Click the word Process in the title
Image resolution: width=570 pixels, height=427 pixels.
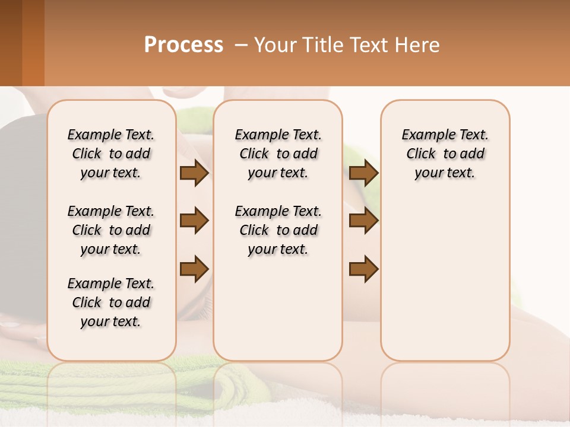pos(183,45)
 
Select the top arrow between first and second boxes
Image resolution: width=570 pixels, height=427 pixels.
pos(194,173)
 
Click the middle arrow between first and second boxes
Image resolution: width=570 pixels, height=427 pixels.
pos(194,221)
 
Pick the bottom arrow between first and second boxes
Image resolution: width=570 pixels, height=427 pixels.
pos(194,269)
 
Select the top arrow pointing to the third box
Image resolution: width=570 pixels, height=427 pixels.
pos(363,173)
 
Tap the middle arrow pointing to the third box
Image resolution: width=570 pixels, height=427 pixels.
pos(363,221)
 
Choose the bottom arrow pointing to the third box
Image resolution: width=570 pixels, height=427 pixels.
pos(363,269)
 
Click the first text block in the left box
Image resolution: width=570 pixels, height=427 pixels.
pos(111,154)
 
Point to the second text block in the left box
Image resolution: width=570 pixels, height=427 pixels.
pos(111,230)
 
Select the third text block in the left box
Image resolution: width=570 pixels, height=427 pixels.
pos(111,302)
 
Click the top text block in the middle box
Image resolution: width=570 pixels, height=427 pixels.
pos(278,154)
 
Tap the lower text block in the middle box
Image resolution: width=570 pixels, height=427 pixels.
pos(278,230)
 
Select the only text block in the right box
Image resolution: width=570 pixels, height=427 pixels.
pos(445,154)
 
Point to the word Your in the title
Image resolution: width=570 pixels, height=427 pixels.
pos(274,45)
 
